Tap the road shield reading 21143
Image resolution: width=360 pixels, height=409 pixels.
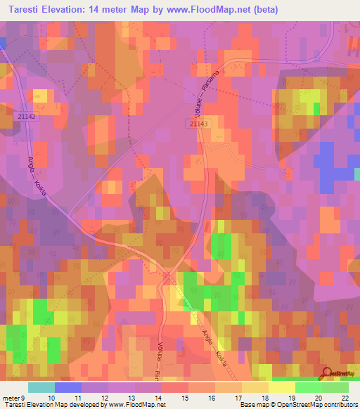[199, 123]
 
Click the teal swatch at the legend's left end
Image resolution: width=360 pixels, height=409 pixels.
[41, 387]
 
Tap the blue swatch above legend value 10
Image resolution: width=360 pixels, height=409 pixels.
[68, 387]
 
